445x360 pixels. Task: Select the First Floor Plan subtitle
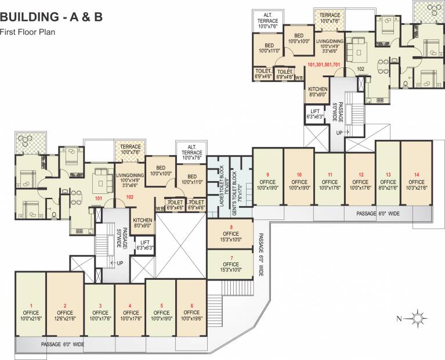27,32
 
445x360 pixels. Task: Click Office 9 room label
267,180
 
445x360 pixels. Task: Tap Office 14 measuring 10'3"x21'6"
416,180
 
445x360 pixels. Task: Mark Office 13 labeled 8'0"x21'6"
389,180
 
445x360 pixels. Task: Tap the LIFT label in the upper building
315,114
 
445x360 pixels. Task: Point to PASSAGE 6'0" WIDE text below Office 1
62,344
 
